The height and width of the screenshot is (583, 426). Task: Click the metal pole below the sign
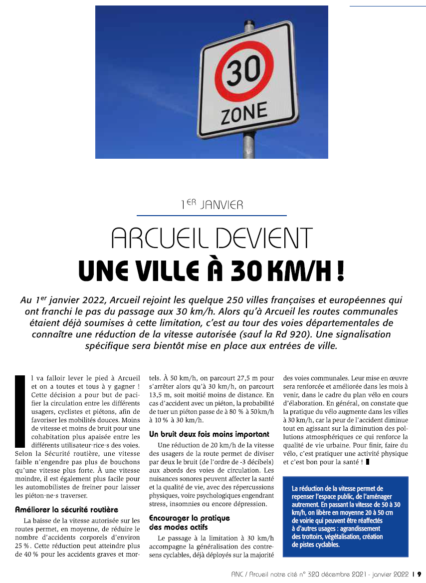(248, 148)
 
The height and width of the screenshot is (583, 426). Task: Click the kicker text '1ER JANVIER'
(212, 204)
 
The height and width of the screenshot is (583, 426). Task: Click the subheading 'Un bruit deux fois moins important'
(209, 434)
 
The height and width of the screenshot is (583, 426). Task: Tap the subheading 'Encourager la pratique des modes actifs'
(190, 523)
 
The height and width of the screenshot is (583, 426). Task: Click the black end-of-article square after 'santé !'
(368, 462)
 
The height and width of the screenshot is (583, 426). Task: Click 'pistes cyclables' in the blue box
(316, 545)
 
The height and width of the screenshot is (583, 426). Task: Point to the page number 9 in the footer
(420, 574)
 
